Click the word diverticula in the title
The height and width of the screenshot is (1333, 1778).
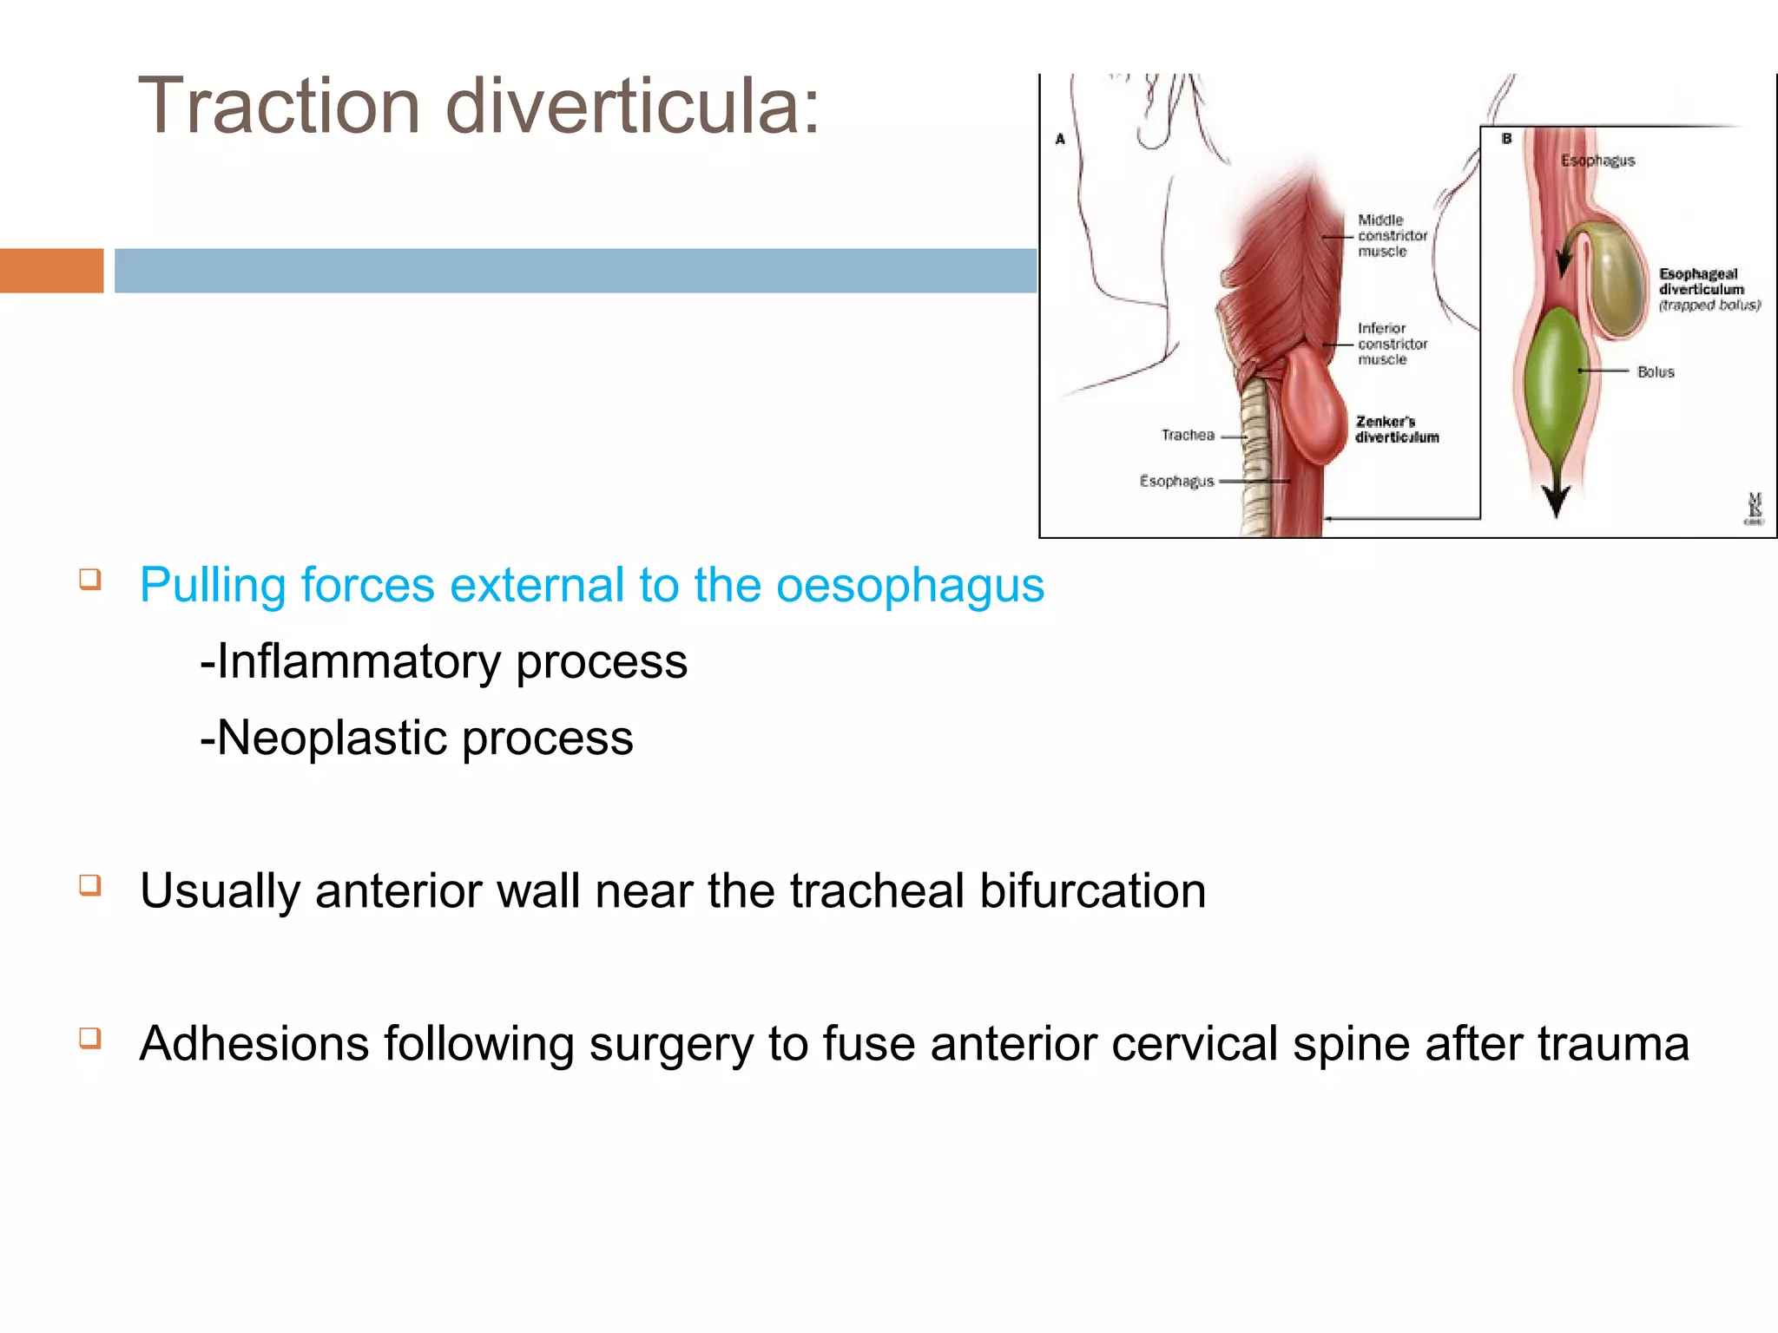[632, 107]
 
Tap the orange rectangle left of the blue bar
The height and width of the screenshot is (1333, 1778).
[51, 271]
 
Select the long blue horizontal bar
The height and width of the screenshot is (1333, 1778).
[575, 271]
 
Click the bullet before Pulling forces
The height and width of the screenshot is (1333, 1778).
[90, 579]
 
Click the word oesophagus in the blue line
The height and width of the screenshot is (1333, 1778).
[909, 586]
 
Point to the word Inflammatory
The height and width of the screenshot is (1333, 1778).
[359, 662]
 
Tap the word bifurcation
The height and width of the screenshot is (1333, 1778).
[1092, 891]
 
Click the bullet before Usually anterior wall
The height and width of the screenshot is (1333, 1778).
[90, 885]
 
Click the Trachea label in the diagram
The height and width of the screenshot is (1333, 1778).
[1188, 436]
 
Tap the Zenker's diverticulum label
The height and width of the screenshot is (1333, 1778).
[1396, 430]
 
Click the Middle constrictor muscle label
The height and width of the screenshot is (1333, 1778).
[1392, 236]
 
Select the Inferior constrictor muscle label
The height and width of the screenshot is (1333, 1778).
[1392, 344]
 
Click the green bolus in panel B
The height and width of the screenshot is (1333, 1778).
[1556, 373]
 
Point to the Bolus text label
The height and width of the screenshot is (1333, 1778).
[1655, 372]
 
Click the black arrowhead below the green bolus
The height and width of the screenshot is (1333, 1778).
[1555, 502]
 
